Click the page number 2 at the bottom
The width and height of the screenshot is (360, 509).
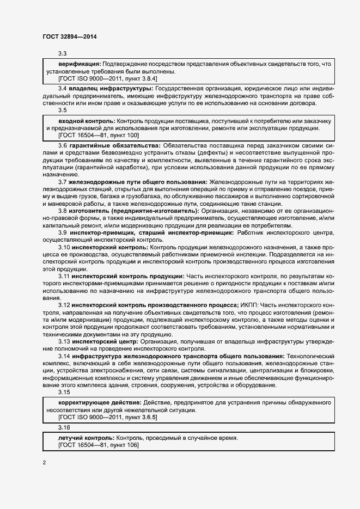pyautogui.click(x=44, y=463)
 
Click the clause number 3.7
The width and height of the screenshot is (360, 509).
pyautogui.click(x=63, y=181)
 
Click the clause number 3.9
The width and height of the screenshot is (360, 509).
pyautogui.click(x=63, y=232)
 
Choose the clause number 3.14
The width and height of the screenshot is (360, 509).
pyautogui.click(x=64, y=355)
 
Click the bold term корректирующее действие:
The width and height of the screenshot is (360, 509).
pyautogui.click(x=100, y=402)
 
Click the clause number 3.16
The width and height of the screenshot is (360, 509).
pyautogui.click(x=64, y=427)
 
